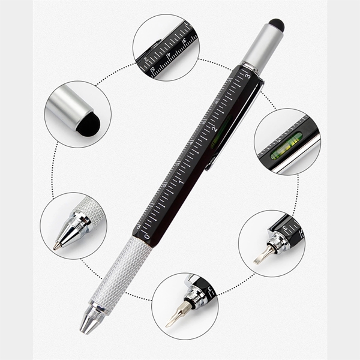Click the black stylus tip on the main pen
(276, 25)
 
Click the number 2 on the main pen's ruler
(214, 128)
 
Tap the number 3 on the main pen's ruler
(247, 76)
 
